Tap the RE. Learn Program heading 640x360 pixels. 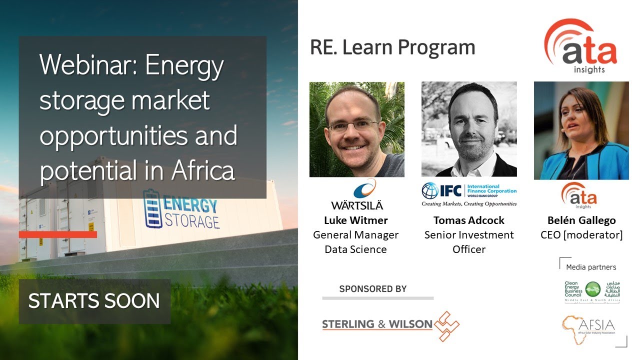click(392, 47)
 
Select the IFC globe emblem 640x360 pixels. click(429, 190)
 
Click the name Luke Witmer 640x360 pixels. click(355, 220)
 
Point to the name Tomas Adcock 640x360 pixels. click(468, 220)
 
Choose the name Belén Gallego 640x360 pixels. click(581, 220)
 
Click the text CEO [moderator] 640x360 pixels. click(581, 234)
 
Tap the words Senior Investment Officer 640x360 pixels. click(468, 241)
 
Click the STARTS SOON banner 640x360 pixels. click(94, 301)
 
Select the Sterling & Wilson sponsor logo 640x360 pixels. click(390, 325)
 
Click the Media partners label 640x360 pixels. click(591, 267)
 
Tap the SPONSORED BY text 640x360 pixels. click(372, 289)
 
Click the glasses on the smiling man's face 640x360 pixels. click(353, 125)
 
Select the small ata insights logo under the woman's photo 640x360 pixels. click(578, 195)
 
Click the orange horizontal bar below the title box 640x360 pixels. click(58, 234)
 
